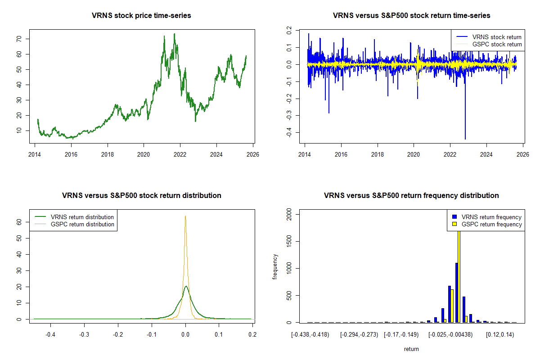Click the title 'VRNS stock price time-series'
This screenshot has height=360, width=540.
coord(141,16)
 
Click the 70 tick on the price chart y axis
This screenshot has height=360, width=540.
coord(19,39)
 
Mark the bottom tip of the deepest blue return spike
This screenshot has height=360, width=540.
coord(465,139)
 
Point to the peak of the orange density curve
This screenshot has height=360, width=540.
coord(185,216)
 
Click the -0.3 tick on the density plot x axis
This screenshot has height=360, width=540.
coord(84,334)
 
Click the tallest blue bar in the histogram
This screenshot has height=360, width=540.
coord(456,292)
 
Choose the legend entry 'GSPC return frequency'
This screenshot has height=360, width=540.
coord(491,224)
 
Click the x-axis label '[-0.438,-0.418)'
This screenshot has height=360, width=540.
coord(310,334)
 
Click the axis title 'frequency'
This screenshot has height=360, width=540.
coord(275,267)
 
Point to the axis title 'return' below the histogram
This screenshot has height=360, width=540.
coord(411,349)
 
